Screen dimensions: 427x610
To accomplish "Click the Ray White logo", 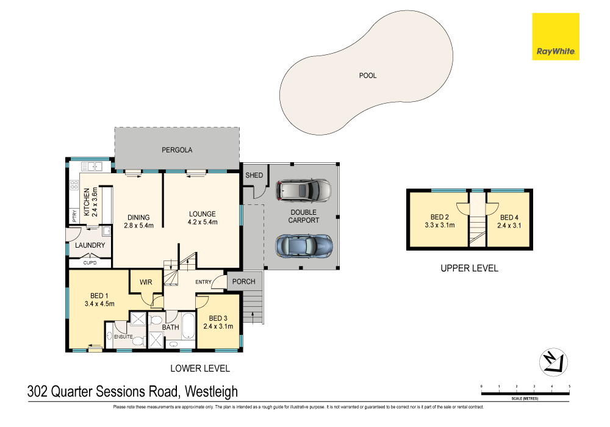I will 555,37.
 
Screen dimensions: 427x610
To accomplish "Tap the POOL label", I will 368,76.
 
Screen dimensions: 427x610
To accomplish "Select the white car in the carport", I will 304,190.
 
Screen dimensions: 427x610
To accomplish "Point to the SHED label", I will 254,176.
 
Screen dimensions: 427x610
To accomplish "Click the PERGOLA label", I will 177,149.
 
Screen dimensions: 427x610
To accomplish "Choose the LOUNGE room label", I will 202,214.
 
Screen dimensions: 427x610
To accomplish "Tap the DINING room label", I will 138,218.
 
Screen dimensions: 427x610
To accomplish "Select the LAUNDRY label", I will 90,246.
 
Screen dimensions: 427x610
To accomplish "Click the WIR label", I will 145,282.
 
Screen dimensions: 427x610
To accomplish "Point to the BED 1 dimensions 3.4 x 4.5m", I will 99,303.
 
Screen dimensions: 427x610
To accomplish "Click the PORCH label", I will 244,281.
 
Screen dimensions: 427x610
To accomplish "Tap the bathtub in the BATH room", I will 187,328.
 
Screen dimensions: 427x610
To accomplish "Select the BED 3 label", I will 218,318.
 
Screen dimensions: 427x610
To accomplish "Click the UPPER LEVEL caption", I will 469,268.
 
